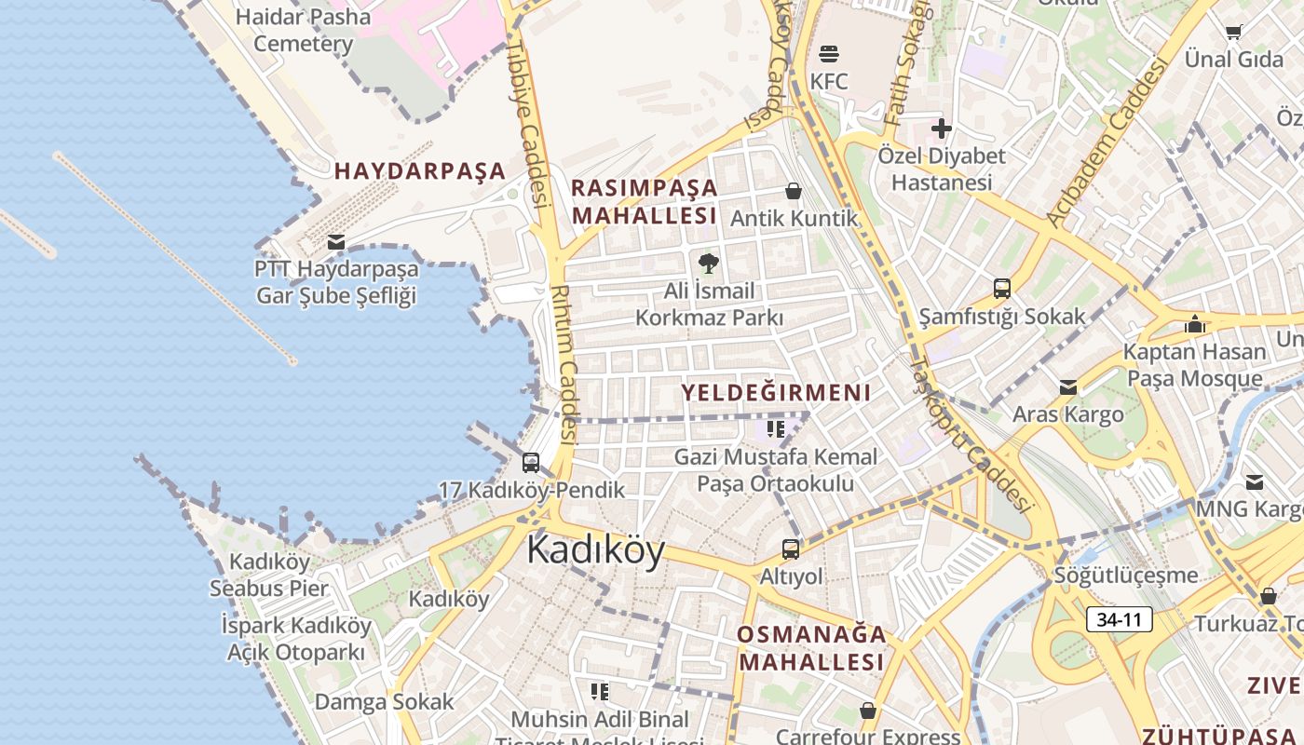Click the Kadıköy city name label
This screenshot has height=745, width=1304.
tap(595, 550)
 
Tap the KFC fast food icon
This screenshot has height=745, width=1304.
tap(829, 54)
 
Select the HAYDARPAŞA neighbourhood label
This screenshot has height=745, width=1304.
tap(420, 171)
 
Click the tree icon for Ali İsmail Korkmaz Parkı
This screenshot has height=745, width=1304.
tap(709, 264)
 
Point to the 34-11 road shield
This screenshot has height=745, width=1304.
tap(1119, 619)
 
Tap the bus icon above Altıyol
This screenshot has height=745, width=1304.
tap(791, 549)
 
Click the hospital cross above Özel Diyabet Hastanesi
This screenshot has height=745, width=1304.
tap(942, 129)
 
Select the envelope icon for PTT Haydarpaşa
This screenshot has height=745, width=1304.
tap(336, 242)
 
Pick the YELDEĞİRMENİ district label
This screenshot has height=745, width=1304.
tap(776, 393)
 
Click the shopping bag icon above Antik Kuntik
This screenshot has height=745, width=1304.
tap(794, 191)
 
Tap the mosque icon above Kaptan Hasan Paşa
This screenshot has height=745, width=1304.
tap(1195, 324)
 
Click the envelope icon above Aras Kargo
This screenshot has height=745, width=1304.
tap(1068, 386)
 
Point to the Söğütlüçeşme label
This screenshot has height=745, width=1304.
tap(1126, 576)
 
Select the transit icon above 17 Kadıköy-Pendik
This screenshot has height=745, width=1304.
tap(531, 462)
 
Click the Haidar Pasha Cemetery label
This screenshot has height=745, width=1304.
tap(303, 30)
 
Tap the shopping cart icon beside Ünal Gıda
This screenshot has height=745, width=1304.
tap(1234, 33)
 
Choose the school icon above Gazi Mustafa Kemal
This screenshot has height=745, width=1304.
tap(776, 429)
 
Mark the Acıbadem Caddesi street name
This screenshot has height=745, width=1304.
tap(1106, 142)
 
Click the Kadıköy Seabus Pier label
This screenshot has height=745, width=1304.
tap(269, 575)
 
